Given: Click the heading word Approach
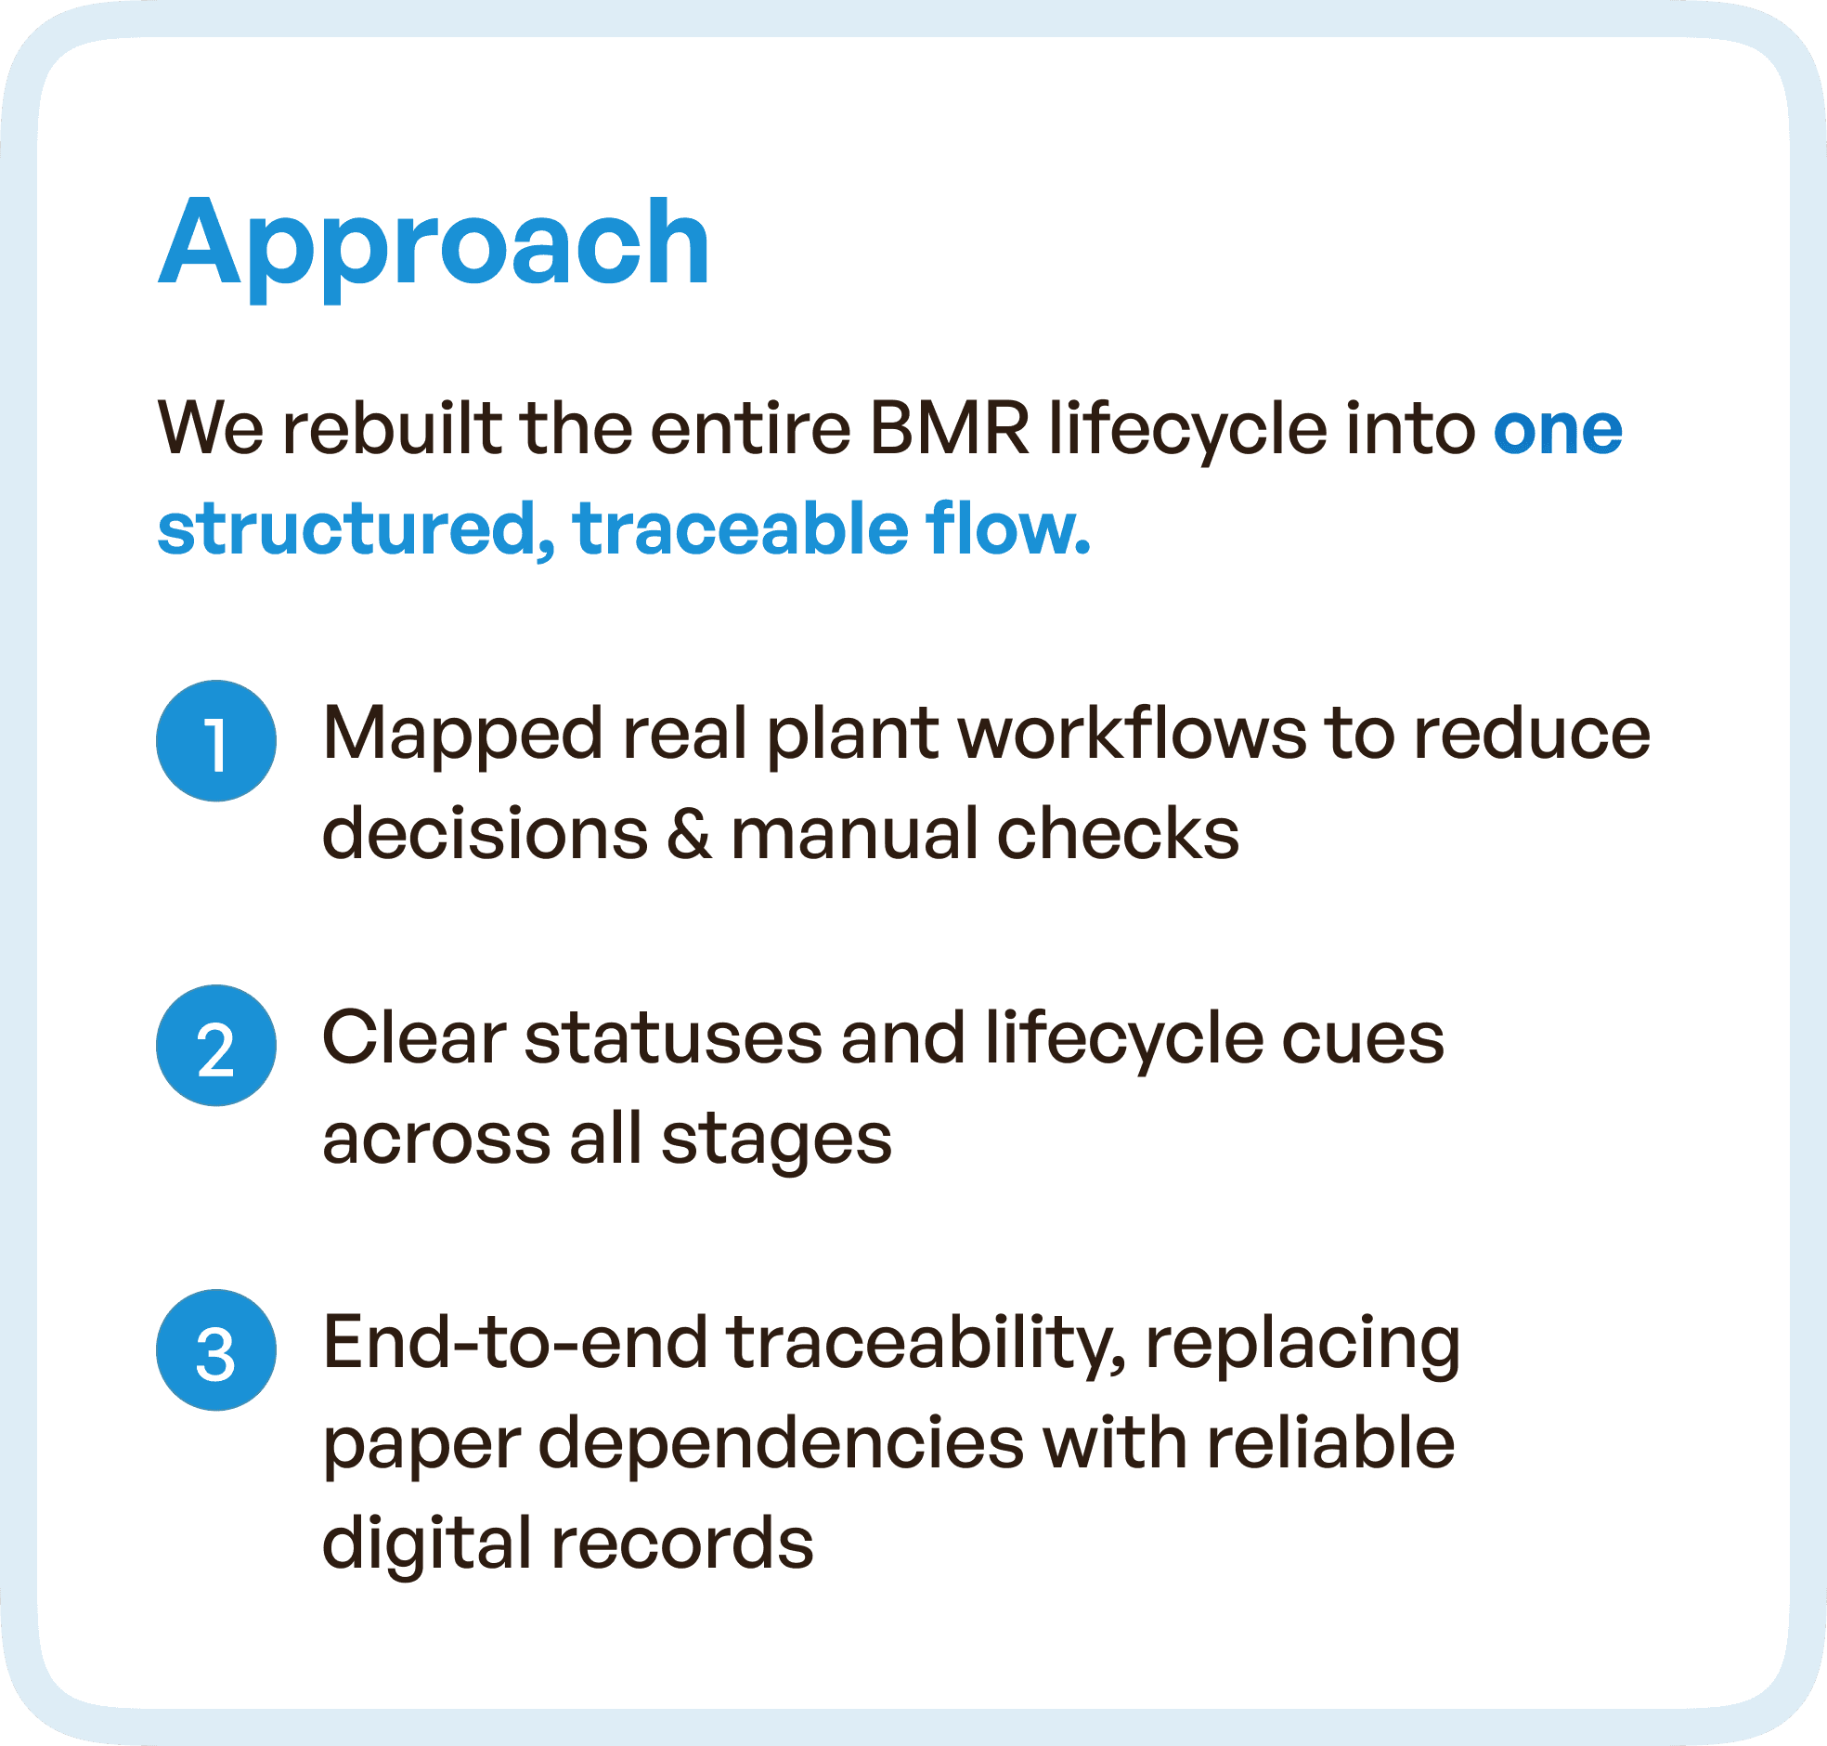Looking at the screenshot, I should tap(434, 245).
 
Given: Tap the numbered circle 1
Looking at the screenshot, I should tap(215, 741).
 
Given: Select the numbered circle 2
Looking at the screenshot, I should tap(215, 1045).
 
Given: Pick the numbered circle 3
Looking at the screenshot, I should tap(215, 1349).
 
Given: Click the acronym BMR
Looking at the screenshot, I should tap(949, 430).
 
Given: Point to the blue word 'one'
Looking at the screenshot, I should tap(1557, 430).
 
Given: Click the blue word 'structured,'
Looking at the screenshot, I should tap(357, 528).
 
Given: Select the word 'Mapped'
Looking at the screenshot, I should tap(462, 736).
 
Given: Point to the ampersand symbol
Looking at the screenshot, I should tap(690, 833).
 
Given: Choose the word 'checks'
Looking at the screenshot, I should tap(1118, 833).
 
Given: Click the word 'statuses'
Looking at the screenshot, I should tap(673, 1038).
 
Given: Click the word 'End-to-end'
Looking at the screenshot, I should tap(514, 1343).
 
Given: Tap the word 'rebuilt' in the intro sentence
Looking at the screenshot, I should tap(391, 430).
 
